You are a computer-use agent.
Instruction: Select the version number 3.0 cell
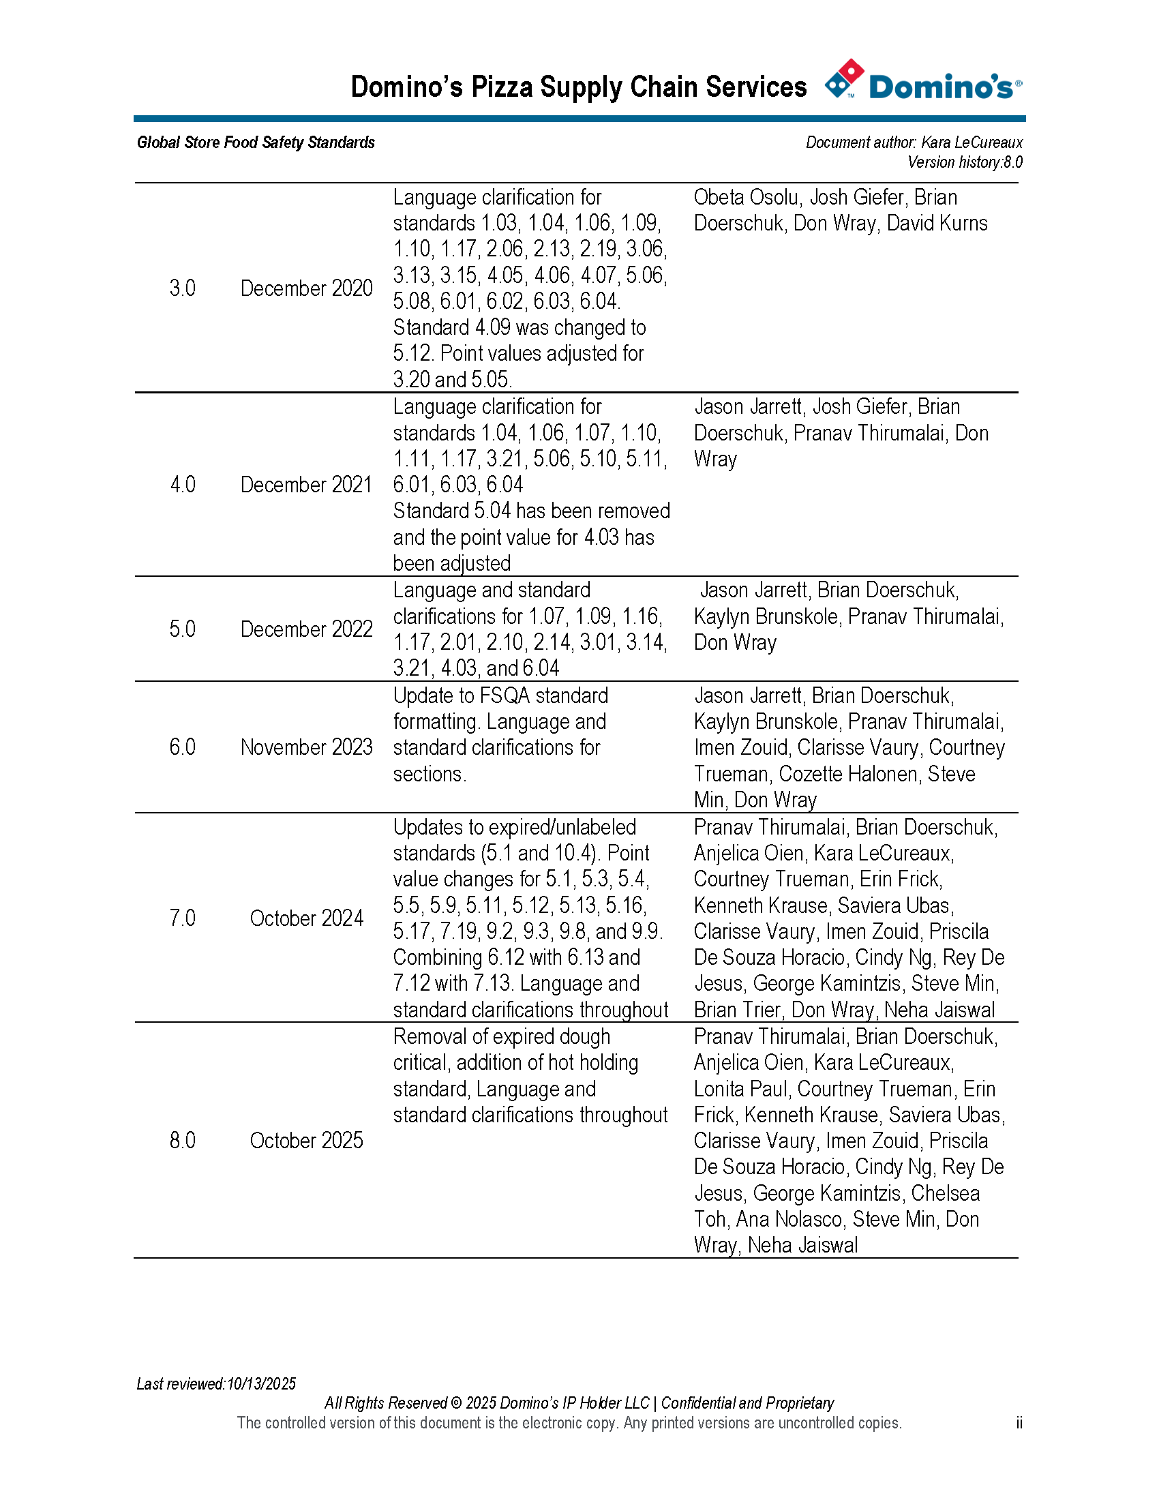pos(182,288)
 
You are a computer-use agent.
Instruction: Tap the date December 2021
pos(306,485)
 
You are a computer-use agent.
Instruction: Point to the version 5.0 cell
pos(182,629)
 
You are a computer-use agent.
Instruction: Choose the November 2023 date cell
pos(306,747)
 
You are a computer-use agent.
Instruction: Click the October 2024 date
pos(306,918)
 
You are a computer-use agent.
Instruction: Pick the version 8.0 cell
pos(182,1141)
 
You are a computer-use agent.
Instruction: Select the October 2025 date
pos(306,1141)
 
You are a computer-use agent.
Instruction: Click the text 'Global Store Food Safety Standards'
pos(256,143)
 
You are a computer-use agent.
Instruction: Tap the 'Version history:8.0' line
pos(965,163)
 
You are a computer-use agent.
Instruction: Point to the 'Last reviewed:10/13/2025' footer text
pos(216,1384)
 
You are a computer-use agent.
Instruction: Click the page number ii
pos(1019,1423)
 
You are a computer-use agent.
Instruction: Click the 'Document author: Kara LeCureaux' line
pos(914,143)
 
